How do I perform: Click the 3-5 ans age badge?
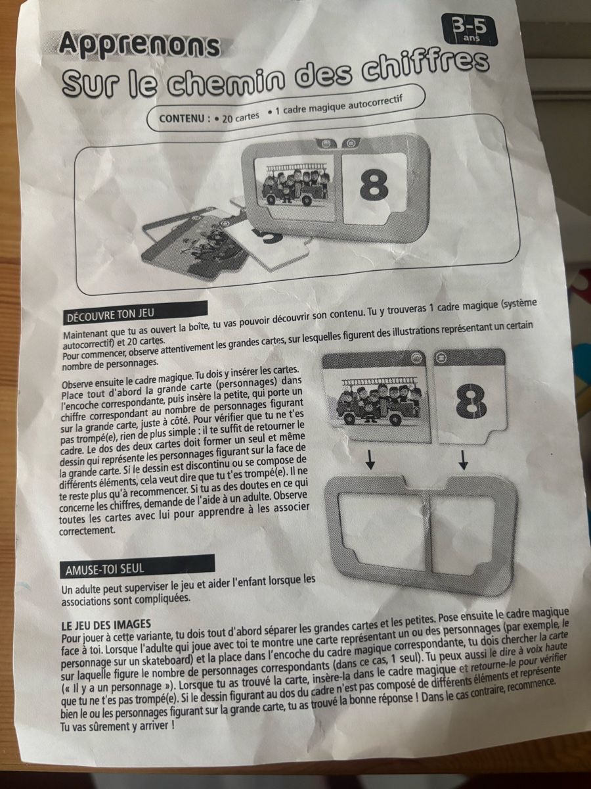click(x=470, y=30)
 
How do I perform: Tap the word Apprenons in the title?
click(x=140, y=45)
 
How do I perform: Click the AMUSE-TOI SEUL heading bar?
click(x=138, y=567)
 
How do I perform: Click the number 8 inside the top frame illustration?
click(x=374, y=187)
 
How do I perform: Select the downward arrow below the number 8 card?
click(x=464, y=460)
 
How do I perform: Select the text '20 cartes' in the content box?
click(x=240, y=116)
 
